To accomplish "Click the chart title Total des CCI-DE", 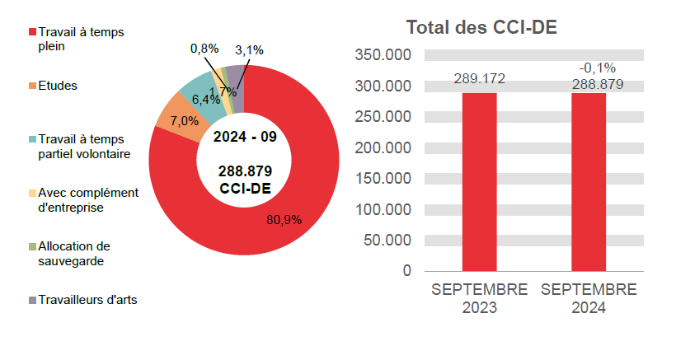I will [482, 28].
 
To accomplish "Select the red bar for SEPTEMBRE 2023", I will [479, 181].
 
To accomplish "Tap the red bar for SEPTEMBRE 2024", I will [589, 181].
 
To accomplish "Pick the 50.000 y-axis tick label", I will [387, 241].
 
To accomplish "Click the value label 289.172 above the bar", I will [479, 80].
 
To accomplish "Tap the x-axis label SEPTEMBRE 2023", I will [479, 299].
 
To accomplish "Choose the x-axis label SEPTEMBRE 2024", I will [589, 299].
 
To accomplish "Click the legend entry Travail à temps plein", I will [74, 40].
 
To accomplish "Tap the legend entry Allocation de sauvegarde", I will [73, 253].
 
